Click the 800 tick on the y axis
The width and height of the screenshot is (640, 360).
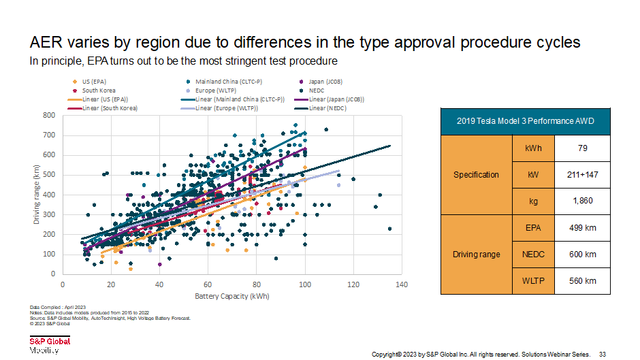[x=50, y=116]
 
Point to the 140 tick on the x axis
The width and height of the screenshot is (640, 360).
[x=401, y=285]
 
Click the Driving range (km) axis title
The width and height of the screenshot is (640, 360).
[x=36, y=195]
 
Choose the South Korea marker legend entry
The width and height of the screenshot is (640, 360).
[x=99, y=91]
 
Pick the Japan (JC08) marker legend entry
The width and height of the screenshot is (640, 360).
[x=325, y=82]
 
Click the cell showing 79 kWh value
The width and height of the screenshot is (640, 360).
[x=581, y=148]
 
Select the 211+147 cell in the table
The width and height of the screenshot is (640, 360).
[x=581, y=174]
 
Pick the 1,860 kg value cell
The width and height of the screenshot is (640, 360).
[x=581, y=201]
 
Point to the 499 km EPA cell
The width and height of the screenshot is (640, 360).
[x=581, y=228]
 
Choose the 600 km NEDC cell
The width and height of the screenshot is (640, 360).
[x=581, y=255]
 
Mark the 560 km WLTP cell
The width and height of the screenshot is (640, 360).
[x=581, y=281]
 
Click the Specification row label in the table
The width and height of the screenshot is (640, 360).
[x=477, y=175]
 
